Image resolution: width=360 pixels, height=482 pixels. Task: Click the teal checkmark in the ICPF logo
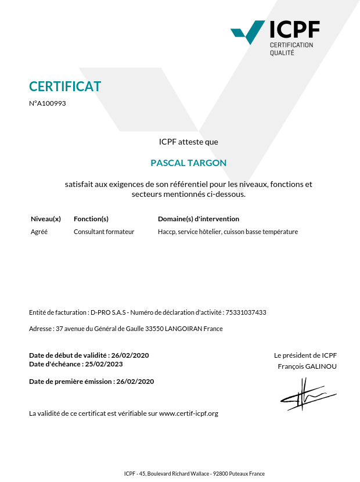click(249, 33)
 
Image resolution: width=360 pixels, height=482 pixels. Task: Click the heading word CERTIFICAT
click(65, 87)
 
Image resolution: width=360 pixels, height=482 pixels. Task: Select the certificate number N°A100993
click(48, 103)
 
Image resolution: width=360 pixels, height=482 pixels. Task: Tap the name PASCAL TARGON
click(189, 163)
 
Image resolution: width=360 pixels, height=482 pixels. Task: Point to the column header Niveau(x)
click(46, 219)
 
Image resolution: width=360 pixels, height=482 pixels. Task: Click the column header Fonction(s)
click(91, 219)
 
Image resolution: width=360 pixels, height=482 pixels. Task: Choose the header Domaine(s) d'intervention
click(199, 219)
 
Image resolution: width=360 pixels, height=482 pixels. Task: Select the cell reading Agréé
click(39, 232)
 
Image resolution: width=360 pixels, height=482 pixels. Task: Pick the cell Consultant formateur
click(104, 232)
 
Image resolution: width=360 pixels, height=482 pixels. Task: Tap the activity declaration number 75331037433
click(246, 312)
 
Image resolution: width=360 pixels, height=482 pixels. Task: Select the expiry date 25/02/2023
click(104, 364)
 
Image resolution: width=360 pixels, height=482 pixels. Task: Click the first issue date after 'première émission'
click(135, 382)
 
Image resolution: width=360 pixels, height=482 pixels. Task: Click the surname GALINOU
click(321, 366)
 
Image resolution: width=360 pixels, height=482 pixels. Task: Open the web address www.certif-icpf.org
click(189, 413)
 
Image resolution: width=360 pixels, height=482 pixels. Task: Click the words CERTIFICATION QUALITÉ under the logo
click(291, 49)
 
